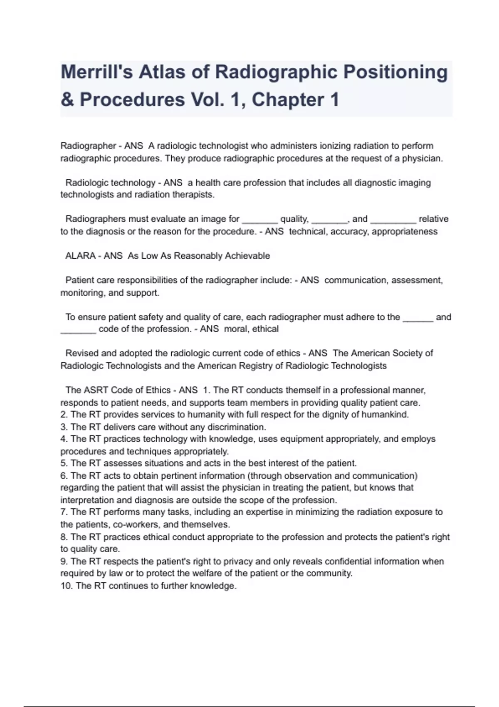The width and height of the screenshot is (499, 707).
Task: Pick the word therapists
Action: tap(193, 195)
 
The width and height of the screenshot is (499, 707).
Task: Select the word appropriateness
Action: tap(404, 231)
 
